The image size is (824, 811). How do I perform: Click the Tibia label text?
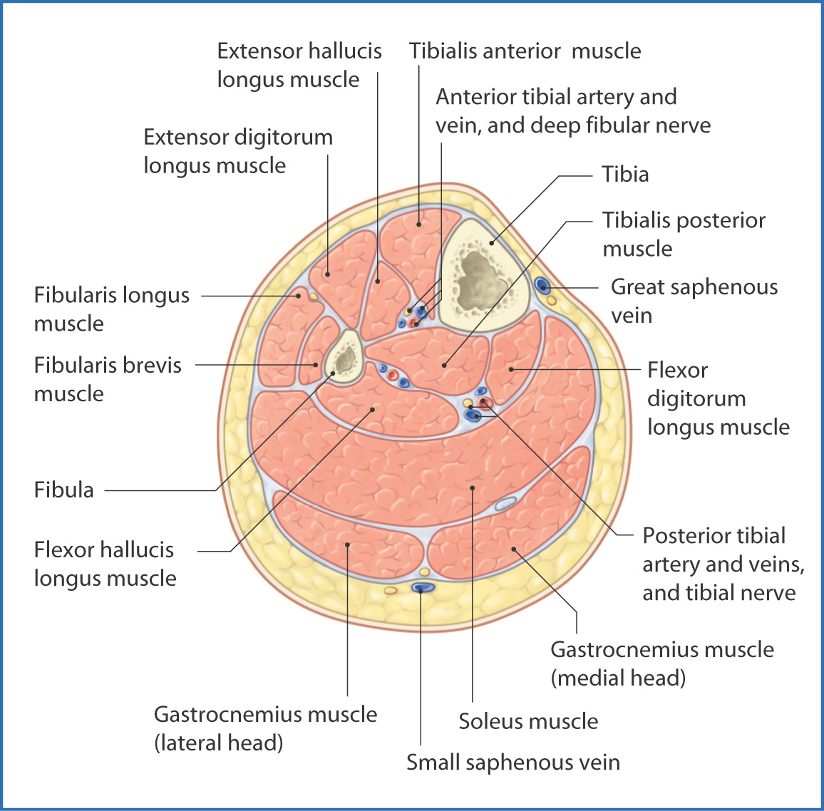coord(624,175)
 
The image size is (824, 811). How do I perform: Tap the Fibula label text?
coord(64,490)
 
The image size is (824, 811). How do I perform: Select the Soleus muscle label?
coord(528,721)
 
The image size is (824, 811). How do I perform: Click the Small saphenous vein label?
coord(513,763)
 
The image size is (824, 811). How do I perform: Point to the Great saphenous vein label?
coord(694,301)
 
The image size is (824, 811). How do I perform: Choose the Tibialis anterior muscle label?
coord(525,51)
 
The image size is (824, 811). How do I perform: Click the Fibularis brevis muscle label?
coord(108,379)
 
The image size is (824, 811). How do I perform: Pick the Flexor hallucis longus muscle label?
coord(105,564)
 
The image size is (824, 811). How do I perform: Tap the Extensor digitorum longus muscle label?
coord(238,151)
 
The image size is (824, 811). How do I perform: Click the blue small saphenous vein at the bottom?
coord(423,588)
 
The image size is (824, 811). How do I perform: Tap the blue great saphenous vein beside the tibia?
coord(542,286)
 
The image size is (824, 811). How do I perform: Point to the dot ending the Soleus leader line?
coord(473,488)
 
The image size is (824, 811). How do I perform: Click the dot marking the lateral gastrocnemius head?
coord(347,545)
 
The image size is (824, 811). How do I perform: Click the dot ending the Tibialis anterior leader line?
coord(419,224)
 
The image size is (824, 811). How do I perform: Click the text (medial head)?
coord(618,678)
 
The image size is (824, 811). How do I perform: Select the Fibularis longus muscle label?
coord(111,309)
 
